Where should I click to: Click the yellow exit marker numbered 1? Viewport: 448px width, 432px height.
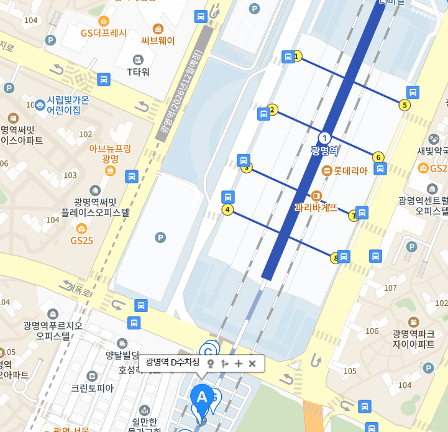tap(297, 57)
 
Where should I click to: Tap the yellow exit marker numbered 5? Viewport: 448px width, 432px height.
tap(405, 105)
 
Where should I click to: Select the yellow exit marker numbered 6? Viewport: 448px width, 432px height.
tap(378, 157)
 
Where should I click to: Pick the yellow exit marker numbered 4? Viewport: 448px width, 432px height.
tap(227, 209)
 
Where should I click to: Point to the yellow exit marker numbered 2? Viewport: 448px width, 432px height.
tap(272, 110)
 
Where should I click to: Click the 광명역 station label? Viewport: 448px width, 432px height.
tap(324, 150)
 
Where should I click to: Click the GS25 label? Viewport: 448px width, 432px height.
tap(81, 240)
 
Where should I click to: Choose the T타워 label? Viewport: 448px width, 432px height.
tap(139, 71)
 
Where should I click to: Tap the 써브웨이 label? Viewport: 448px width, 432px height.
tap(158, 41)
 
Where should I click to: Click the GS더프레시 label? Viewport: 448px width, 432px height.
tap(104, 33)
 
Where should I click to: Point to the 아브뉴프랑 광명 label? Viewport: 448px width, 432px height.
tap(110, 154)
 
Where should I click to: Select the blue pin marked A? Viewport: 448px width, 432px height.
tap(201, 397)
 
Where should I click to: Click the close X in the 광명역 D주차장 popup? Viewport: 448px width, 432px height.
tap(252, 364)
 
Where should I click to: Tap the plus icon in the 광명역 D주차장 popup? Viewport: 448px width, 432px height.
tap(239, 364)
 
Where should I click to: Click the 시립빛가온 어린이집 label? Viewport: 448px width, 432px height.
tap(63, 105)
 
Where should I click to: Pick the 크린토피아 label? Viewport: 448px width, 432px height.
tap(92, 388)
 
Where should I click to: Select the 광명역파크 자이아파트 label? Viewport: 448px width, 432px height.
tap(413, 338)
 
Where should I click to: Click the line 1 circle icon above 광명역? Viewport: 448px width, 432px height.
tap(324, 137)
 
